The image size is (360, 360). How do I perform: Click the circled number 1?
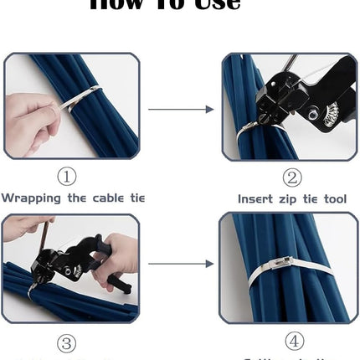point(67,177)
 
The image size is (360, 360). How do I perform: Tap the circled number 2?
point(291,177)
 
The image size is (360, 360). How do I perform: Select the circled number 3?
point(67,343)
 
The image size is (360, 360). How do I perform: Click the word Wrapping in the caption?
point(30,198)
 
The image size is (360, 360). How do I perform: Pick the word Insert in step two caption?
point(255,199)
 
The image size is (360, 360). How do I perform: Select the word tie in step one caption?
point(136,198)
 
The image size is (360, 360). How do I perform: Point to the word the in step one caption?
point(74,198)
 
